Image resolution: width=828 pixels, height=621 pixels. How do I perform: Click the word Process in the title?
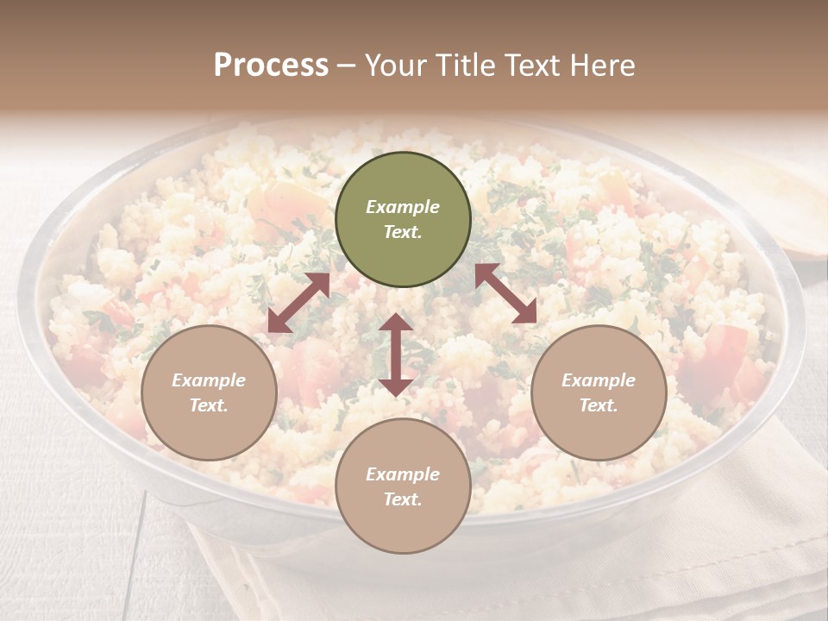click(x=271, y=66)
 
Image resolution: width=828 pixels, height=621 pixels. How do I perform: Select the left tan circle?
click(x=209, y=392)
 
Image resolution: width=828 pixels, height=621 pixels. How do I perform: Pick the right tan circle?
click(x=599, y=392)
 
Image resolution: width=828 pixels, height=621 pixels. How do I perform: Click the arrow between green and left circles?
click(x=298, y=303)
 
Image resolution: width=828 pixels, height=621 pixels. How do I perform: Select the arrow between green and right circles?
click(x=506, y=293)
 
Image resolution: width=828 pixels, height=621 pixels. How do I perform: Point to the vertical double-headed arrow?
click(x=396, y=354)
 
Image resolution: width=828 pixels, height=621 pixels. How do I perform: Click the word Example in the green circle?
click(x=403, y=207)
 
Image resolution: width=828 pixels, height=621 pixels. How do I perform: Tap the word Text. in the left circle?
click(x=209, y=405)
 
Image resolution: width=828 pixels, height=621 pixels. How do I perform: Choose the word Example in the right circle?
click(x=599, y=380)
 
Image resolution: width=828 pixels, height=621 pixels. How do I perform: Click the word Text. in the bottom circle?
click(x=403, y=499)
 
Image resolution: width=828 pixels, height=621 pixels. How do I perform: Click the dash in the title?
click(x=347, y=66)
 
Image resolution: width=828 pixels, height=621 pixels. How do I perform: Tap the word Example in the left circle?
click(x=209, y=380)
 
